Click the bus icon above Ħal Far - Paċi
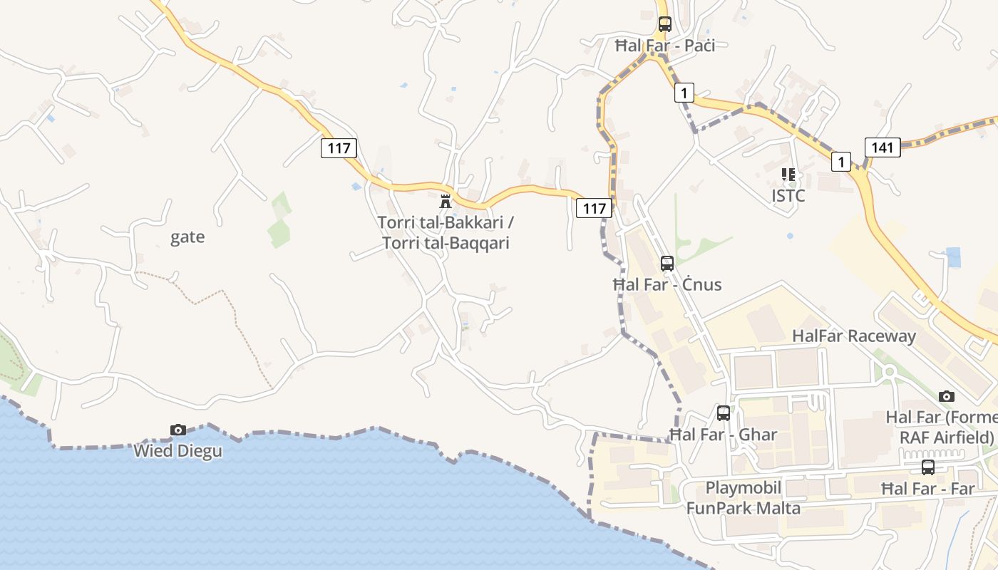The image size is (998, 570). [665, 24]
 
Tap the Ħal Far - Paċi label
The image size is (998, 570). [665, 46]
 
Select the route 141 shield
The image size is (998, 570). [883, 147]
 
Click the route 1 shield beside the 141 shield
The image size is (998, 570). [841, 162]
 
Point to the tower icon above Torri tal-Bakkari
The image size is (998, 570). [446, 200]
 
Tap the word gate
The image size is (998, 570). [187, 237]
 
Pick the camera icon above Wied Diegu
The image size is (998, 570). [178, 430]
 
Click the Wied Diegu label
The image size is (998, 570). [178, 451]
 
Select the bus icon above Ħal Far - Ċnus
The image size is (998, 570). [667, 263]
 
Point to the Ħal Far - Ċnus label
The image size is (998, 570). [667, 285]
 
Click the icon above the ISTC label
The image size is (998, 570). [788, 174]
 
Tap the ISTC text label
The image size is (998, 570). [788, 195]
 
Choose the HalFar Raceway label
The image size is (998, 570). [854, 336]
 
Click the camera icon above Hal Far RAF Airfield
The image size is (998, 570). [947, 396]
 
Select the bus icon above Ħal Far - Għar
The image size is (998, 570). [724, 413]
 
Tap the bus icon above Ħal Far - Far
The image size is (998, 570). [928, 467]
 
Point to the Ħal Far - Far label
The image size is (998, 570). [928, 489]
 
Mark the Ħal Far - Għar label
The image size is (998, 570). [724, 435]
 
